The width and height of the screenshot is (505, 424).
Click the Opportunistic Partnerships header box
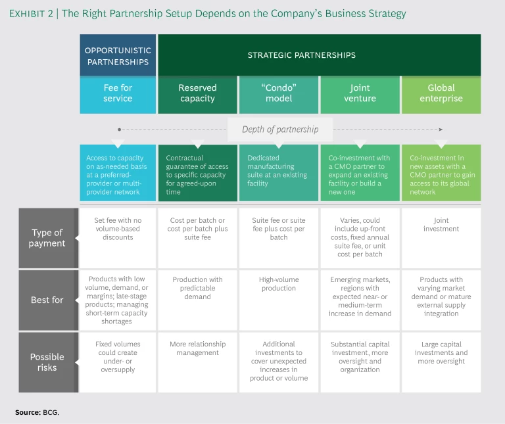[x=118, y=55]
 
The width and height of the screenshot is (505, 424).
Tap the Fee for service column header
[x=118, y=93]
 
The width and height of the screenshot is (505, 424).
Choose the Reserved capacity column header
[x=197, y=93]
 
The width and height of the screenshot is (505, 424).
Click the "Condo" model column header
[x=279, y=93]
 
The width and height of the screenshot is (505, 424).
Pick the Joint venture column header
[x=360, y=93]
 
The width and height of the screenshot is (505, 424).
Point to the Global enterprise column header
[x=441, y=93]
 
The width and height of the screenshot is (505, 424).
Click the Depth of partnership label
[x=280, y=130]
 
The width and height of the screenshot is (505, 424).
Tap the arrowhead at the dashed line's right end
[x=441, y=130]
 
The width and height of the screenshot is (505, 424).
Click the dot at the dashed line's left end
[x=118, y=130]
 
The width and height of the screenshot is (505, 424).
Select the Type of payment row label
[x=47, y=238]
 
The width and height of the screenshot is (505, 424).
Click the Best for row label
[x=47, y=300]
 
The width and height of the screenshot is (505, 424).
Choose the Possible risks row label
[x=47, y=362]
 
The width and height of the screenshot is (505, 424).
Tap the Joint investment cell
[x=441, y=224]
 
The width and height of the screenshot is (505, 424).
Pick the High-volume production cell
[x=279, y=283]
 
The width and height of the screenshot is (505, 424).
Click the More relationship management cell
[x=198, y=348]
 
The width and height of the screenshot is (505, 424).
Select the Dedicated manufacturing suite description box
[x=279, y=171]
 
